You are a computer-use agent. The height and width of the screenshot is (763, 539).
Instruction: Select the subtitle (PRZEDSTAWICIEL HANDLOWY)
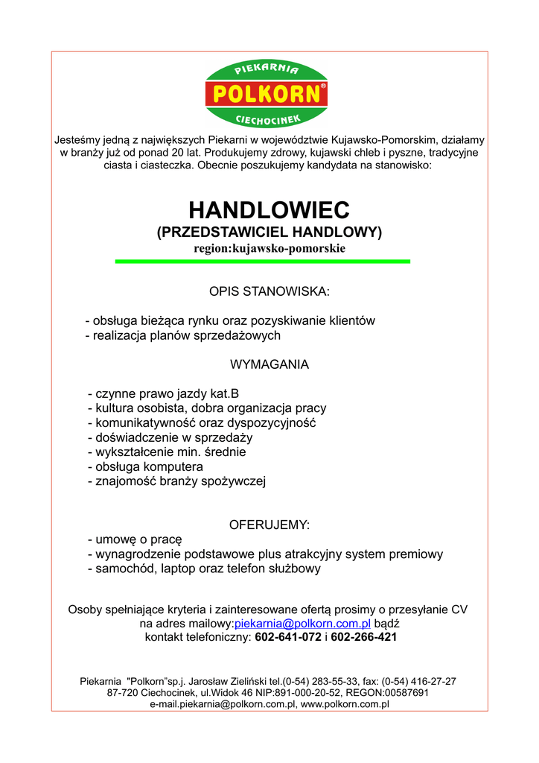[x=269, y=232]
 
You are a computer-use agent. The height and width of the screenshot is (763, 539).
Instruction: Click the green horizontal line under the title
[x=263, y=262]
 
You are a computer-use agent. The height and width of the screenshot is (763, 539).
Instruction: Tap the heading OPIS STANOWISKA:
[x=269, y=291]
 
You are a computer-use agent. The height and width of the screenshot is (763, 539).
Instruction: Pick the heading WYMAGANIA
[x=269, y=365]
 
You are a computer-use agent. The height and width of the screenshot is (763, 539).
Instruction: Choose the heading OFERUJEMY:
[x=269, y=525]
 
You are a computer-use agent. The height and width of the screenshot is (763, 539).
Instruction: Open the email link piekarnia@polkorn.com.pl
[x=302, y=624]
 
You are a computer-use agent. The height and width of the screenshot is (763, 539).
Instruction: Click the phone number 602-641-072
[x=288, y=638]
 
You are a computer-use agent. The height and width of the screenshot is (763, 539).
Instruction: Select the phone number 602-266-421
[x=363, y=638]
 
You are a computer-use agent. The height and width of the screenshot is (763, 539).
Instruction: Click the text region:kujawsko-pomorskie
[x=269, y=248]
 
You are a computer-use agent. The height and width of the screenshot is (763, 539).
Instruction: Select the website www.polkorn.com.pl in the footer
[x=345, y=704]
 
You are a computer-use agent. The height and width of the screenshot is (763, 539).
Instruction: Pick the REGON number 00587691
[x=407, y=692]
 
